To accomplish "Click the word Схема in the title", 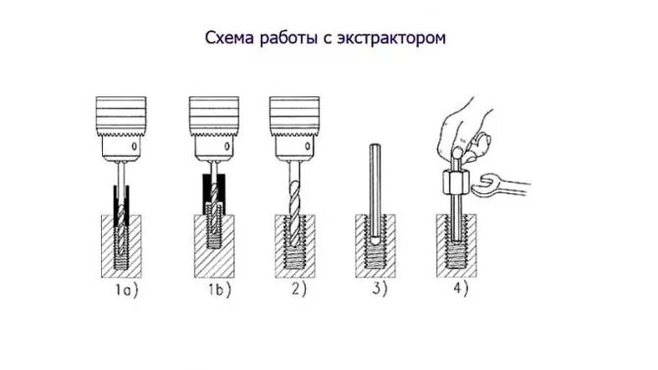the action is tap(230, 38).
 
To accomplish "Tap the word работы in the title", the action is tap(289, 38).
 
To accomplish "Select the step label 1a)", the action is tap(127, 291).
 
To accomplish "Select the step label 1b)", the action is tap(220, 291).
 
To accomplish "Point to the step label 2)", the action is tap(299, 290).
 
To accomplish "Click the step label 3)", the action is tap(380, 290).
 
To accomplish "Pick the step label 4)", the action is tap(461, 290).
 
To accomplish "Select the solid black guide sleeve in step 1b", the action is tap(214, 194).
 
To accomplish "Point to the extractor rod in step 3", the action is tap(375, 194).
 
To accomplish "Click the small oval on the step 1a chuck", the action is tap(134, 146).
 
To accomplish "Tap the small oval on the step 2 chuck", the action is tap(308, 146).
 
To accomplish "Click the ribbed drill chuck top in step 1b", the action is tap(214, 116).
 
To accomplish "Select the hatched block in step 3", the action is tap(376, 246).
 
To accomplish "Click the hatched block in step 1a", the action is tap(122, 246).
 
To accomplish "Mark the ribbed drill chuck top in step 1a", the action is tap(121, 116).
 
